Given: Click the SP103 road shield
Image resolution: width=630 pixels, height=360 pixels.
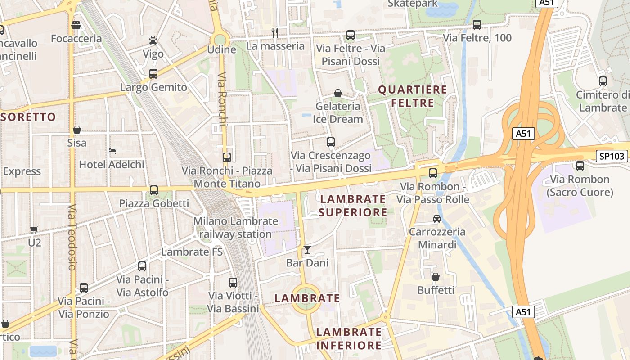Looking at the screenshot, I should coord(612,156).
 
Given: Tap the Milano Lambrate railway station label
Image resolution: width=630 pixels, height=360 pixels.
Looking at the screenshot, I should coord(235,228).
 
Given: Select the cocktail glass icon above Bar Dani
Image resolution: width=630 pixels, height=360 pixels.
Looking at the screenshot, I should coord(307,249).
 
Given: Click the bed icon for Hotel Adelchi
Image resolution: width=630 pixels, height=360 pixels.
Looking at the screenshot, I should coord(112,151).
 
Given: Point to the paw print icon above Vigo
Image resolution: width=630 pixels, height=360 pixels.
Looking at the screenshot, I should coord(153,41).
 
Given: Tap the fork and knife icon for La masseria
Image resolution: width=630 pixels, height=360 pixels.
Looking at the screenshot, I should coord(275,32).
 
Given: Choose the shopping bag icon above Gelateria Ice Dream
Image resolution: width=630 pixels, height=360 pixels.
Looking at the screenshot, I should coord(337,93).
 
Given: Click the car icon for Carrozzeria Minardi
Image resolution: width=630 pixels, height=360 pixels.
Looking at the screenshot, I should coord(436,219).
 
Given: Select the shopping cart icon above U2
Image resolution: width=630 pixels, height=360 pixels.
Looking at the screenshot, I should coord(34,229).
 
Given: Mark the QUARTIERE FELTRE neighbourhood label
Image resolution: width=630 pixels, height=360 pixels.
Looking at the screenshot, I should coord(413,96).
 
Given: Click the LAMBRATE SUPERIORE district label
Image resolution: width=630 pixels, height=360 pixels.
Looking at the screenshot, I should coord(353,206).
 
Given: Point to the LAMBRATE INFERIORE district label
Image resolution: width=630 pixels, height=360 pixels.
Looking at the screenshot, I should coord(349,339).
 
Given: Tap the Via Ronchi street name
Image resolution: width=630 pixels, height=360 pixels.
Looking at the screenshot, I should coord(222,103).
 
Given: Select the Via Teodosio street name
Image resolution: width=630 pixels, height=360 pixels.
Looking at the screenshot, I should coord(72,237).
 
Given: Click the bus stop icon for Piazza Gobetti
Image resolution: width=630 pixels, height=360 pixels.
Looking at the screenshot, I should coord(154,190).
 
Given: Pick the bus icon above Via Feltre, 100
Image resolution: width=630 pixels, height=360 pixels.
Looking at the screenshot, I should coord(477,25).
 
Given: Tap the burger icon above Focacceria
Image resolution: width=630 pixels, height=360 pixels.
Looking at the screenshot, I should coord(76,25).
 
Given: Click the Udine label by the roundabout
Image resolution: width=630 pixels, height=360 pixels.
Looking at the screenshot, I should coord(221,49).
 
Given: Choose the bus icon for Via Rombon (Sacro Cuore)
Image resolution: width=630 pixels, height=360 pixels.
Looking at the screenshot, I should coord(580,166).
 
